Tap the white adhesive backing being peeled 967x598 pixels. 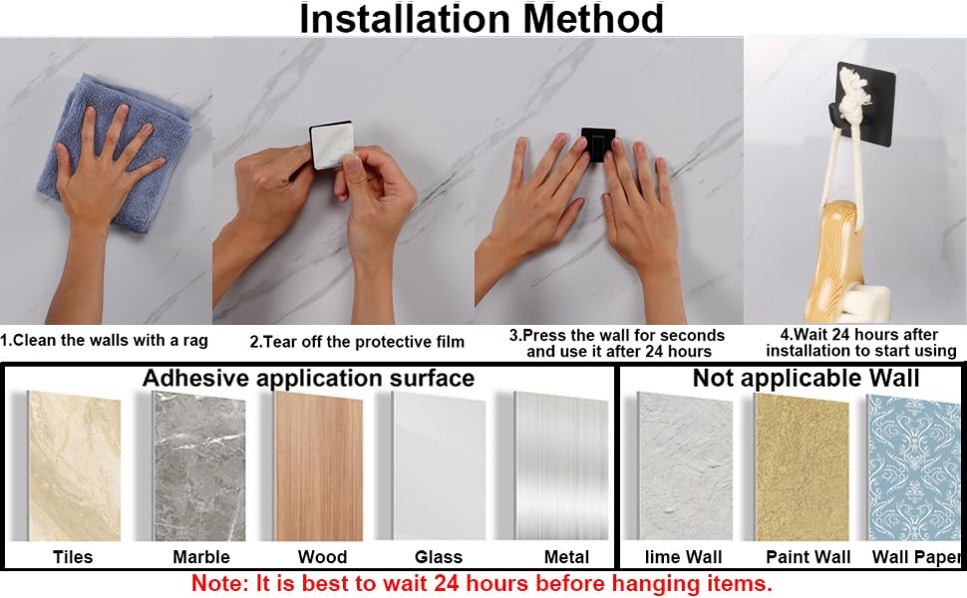tap(331, 146)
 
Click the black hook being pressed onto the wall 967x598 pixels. tap(597, 146)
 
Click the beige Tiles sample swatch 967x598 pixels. tap(75, 466)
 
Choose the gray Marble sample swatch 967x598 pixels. tap(199, 466)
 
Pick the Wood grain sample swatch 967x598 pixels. tap(319, 466)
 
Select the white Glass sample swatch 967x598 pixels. tap(439, 466)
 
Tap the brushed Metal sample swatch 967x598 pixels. tap(562, 466)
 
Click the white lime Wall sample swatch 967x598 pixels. tap(685, 466)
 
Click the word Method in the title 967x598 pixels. tap(593, 19)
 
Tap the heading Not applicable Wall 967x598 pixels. tap(806, 378)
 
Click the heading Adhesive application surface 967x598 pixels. tap(308, 378)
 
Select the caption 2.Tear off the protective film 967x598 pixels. tap(357, 342)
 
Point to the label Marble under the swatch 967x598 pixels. tap(201, 557)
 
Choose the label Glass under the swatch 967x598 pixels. tap(439, 557)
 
